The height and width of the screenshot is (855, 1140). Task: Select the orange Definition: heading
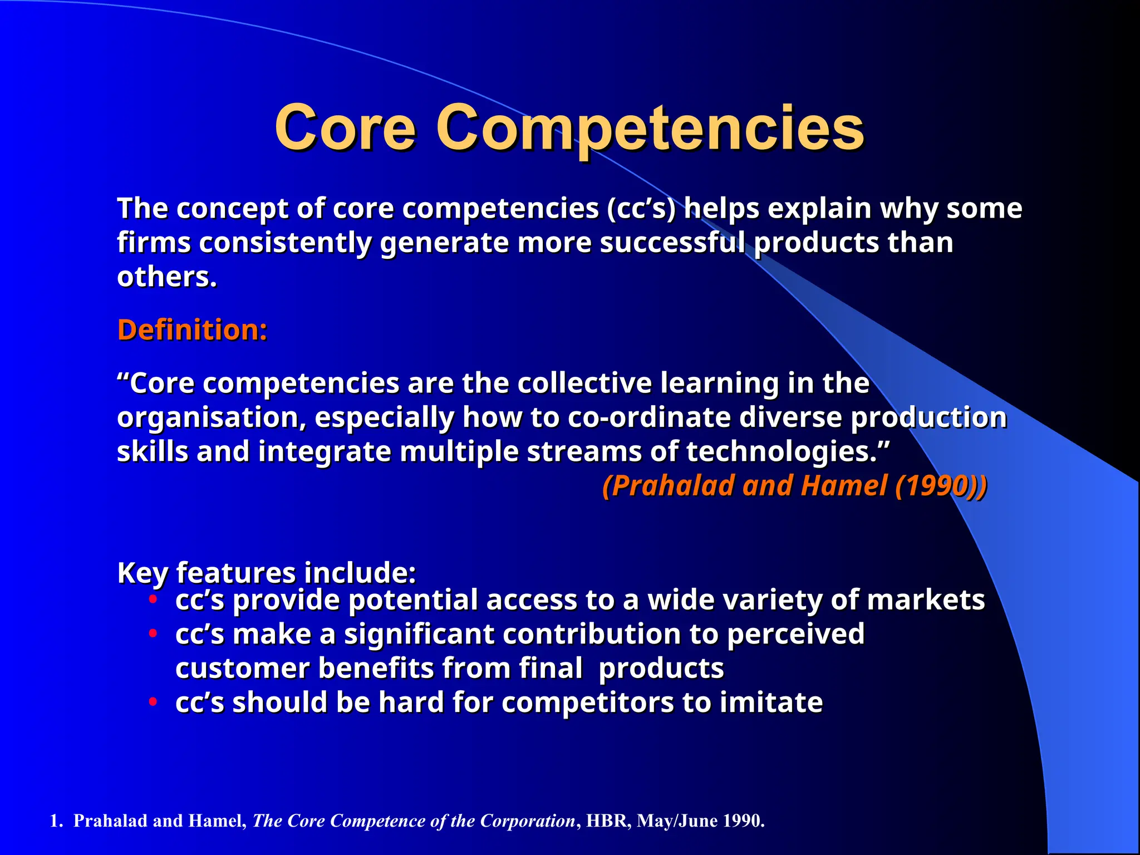coord(192,330)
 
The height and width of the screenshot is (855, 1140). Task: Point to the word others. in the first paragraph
coord(166,277)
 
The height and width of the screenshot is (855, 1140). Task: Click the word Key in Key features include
coord(142,573)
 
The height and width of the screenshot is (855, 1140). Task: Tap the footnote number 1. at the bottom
coord(57,821)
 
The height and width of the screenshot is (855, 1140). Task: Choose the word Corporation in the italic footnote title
coord(527,821)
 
